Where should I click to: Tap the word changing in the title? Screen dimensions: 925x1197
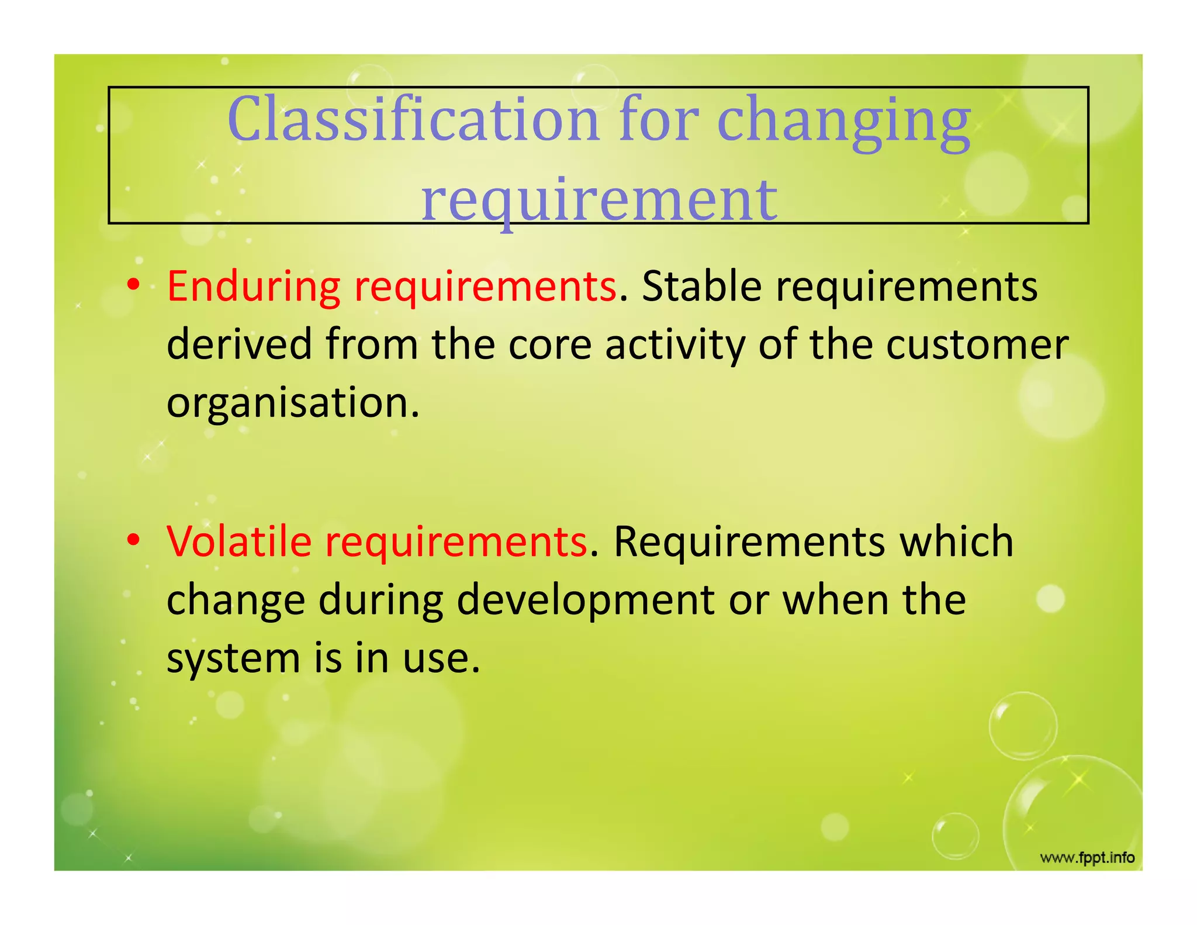[x=843, y=123]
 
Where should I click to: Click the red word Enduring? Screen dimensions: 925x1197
[x=253, y=287]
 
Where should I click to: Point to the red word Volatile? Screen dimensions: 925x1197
[x=239, y=541]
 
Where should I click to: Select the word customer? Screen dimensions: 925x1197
[x=977, y=344]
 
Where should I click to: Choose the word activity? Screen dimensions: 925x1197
[x=675, y=346]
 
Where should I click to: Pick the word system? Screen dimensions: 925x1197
[x=233, y=660]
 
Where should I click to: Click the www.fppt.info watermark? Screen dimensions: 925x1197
[x=1087, y=858]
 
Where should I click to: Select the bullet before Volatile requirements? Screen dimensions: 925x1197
[x=134, y=541]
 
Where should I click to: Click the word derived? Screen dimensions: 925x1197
[x=239, y=344]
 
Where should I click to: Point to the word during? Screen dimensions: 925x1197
[x=380, y=601]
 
